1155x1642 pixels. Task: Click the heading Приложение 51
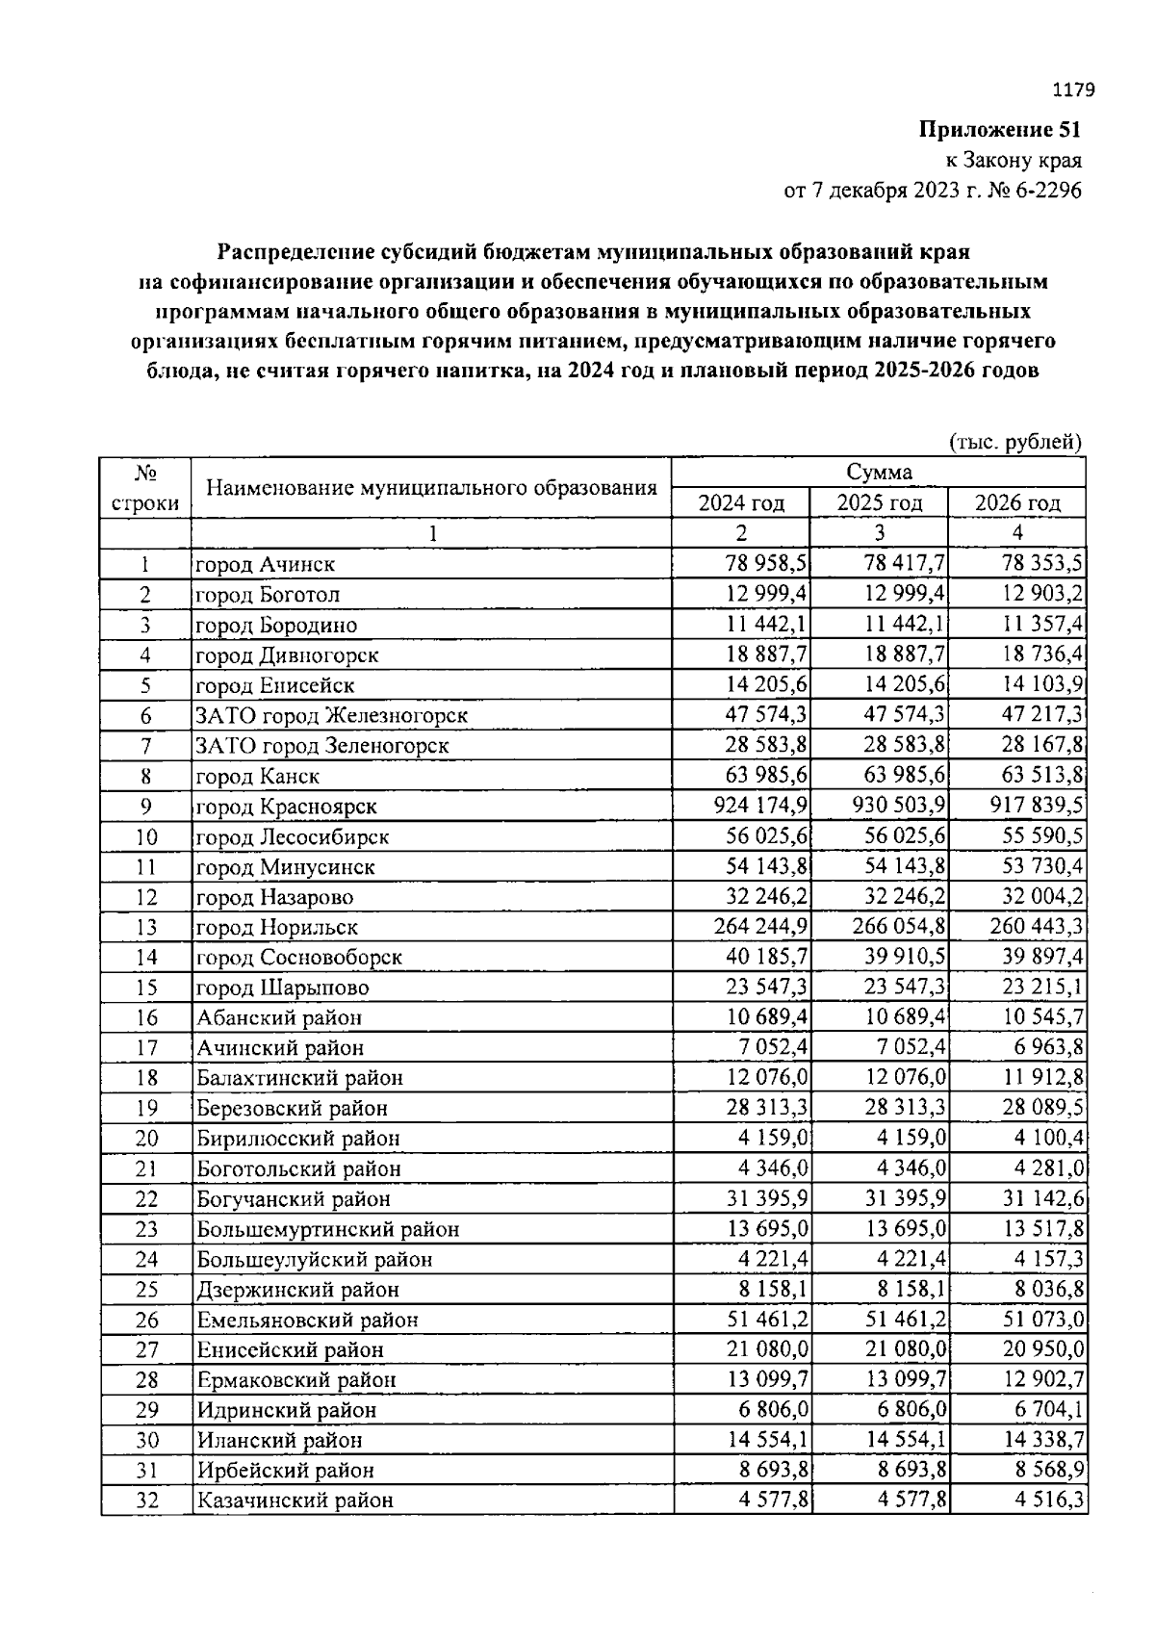tap(1000, 130)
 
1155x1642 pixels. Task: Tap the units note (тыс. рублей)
tap(1016, 442)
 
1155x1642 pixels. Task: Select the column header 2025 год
tap(879, 502)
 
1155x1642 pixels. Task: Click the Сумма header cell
tap(879, 472)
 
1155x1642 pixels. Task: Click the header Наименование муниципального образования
tap(431, 487)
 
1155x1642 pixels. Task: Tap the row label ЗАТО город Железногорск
tap(332, 716)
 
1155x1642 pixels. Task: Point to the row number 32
tap(146, 1500)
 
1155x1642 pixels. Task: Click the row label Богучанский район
tap(294, 1199)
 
